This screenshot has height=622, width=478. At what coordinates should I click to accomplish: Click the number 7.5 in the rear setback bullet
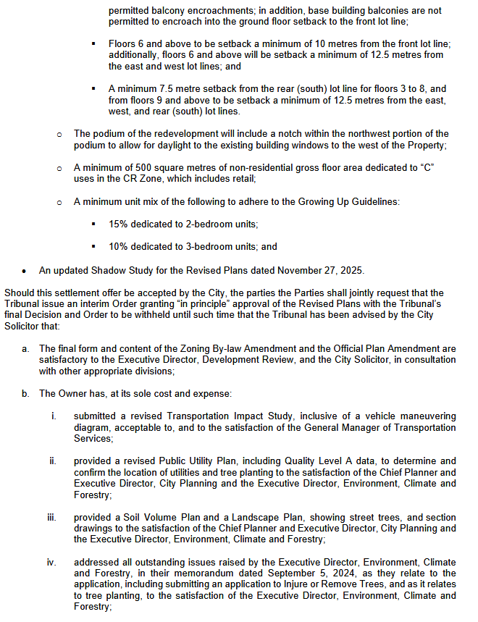[164, 88]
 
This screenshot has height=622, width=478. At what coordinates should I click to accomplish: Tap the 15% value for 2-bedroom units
[119, 224]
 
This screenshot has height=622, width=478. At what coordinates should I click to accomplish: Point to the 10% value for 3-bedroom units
[119, 246]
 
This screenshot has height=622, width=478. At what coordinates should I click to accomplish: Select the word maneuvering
[427, 416]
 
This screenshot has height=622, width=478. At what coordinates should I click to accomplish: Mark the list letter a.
[25, 349]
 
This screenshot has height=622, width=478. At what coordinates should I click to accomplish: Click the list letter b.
[25, 394]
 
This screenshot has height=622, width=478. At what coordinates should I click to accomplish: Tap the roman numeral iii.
[51, 518]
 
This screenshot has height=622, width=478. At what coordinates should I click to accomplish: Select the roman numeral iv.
[52, 563]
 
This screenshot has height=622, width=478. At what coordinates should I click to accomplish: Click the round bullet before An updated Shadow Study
[25, 272]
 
